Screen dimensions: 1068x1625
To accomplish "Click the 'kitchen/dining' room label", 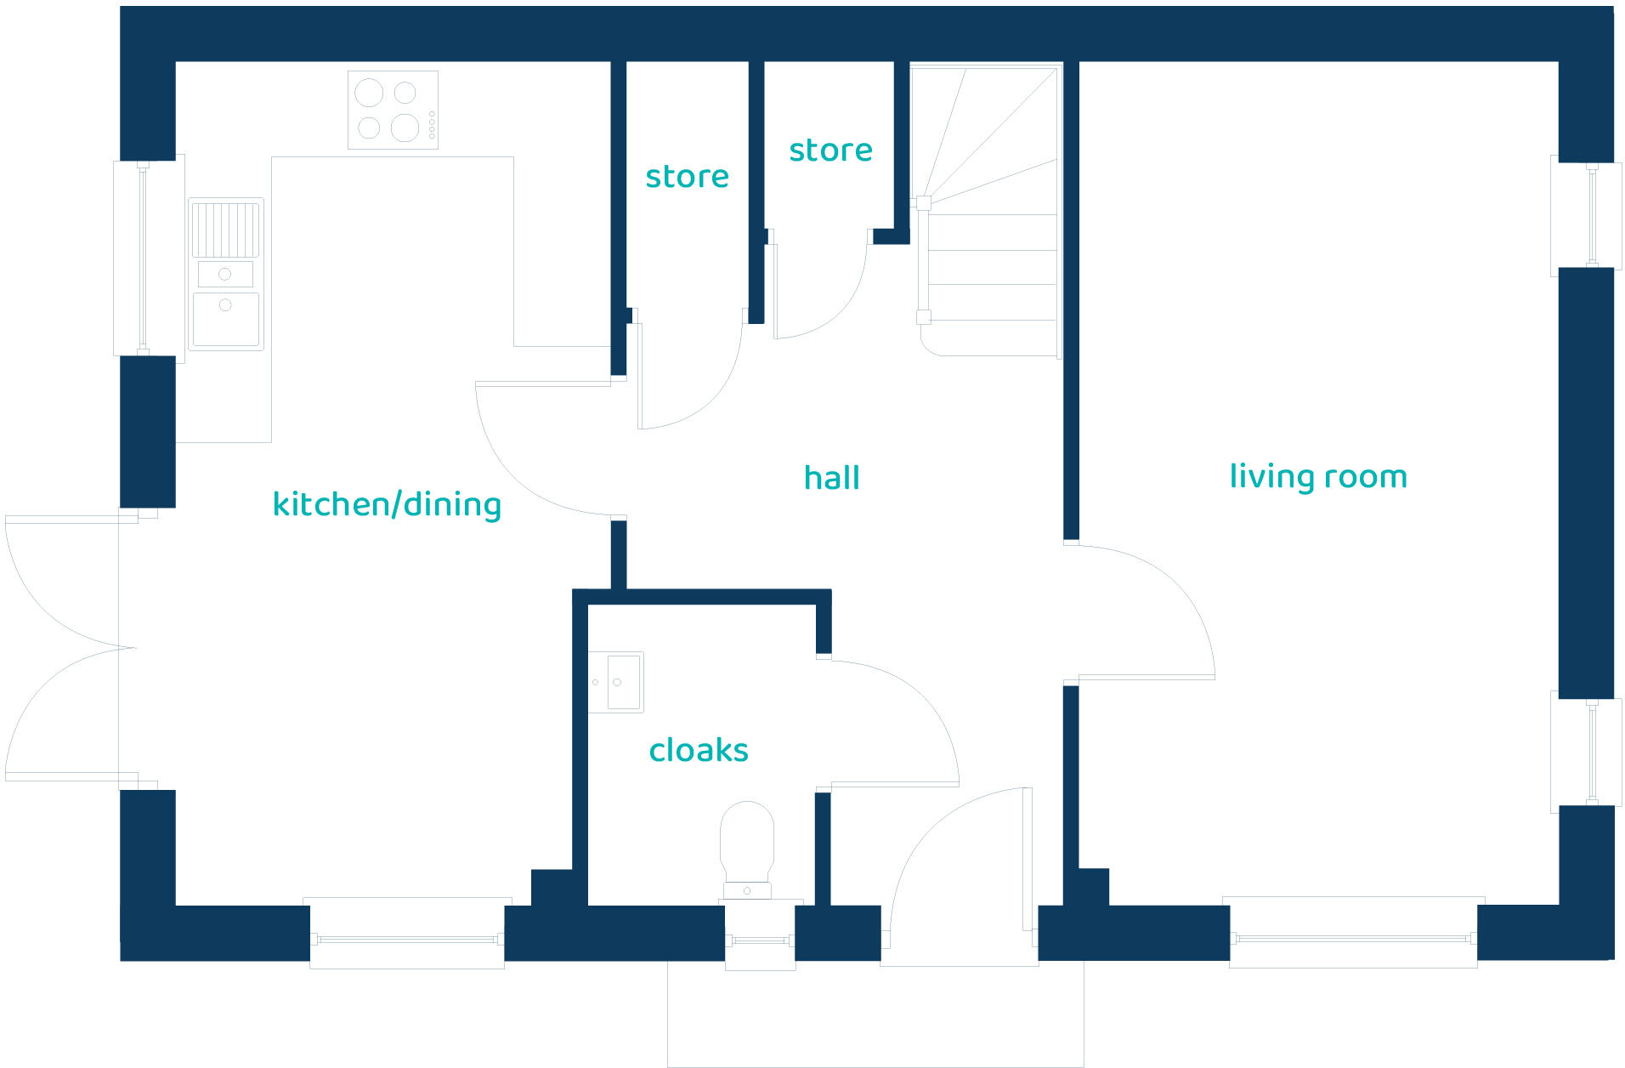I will (387, 504).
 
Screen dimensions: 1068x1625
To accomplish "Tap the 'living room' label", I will (1318, 476).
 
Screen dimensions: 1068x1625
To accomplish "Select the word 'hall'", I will (831, 478).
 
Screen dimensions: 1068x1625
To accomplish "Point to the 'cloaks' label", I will (699, 750).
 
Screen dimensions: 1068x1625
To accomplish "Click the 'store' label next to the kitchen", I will (687, 176).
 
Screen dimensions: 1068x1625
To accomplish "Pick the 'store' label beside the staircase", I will (830, 151).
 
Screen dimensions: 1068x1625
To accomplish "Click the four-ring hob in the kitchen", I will (393, 110).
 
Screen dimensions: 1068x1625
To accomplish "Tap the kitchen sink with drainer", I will (225, 274).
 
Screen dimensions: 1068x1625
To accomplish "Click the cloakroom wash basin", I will (616, 682).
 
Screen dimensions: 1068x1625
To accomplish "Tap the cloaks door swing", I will (892, 723).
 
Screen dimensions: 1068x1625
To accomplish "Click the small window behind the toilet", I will (760, 940).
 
